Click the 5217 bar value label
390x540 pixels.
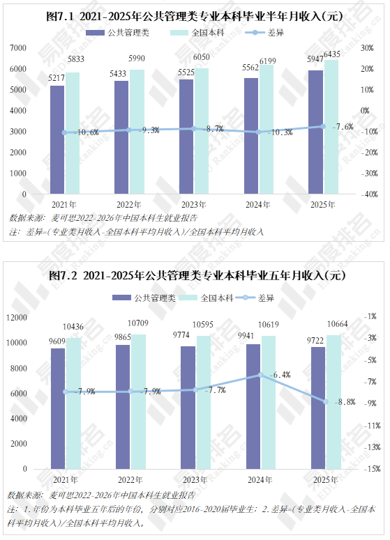pos(57,78)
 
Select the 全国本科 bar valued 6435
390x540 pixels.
pos(331,127)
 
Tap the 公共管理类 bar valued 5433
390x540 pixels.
pos(121,137)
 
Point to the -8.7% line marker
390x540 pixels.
pos(194,128)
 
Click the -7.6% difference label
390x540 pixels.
pos(343,127)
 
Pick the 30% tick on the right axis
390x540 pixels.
pos(367,48)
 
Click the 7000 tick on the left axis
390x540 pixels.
pos(18,48)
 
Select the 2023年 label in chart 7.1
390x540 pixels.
pos(194,205)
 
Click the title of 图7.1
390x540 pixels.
pos(195,16)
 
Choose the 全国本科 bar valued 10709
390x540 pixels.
pos(138,401)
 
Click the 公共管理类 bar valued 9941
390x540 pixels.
pos(253,406)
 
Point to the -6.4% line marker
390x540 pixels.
pos(261,375)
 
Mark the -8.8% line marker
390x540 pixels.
pos(326,401)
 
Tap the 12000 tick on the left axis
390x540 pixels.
pos(17,317)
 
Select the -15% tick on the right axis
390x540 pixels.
pos(372,469)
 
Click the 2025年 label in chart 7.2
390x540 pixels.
pos(326,479)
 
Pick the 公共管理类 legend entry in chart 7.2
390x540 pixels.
pos(144,298)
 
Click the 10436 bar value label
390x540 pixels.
pos(73,327)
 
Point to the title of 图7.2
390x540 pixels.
pos(197,275)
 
